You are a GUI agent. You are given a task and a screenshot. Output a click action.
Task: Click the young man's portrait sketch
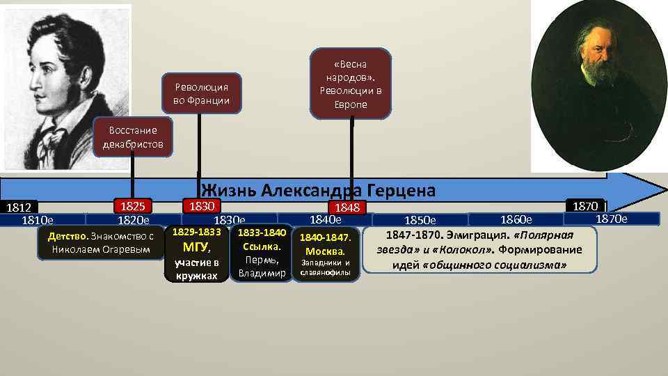(65, 87)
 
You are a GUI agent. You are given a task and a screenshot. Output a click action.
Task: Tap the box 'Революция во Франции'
(201, 94)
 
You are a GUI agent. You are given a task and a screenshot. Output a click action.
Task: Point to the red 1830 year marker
(201, 205)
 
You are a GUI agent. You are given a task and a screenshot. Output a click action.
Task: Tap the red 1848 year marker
(347, 207)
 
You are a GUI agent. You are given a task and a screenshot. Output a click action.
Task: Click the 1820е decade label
(133, 221)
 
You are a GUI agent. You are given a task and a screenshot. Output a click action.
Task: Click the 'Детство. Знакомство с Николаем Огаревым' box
(100, 243)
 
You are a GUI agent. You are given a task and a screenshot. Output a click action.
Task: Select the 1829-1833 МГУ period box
(196, 253)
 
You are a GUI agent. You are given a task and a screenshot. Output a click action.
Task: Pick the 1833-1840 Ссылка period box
(262, 253)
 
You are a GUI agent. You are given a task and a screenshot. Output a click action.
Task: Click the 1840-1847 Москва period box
(326, 254)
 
